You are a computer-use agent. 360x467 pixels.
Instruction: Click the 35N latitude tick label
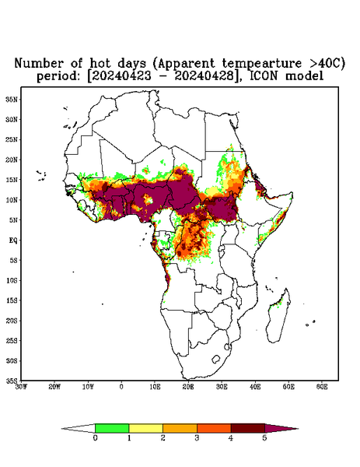(12, 100)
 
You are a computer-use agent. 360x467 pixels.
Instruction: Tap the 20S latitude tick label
(12, 321)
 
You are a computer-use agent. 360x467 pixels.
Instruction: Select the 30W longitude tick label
(21, 387)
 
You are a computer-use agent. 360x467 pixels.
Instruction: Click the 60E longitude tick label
(322, 387)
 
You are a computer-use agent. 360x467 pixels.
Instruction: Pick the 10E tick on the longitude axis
(155, 387)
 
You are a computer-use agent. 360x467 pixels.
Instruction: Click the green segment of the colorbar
(112, 428)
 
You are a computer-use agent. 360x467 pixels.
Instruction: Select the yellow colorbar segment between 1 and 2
(145, 428)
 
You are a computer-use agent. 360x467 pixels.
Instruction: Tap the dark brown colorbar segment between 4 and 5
(248, 428)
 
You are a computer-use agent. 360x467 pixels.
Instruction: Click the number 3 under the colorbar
(197, 438)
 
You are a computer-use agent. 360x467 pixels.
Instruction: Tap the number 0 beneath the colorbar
(95, 438)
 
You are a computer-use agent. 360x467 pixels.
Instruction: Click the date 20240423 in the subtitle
(121, 76)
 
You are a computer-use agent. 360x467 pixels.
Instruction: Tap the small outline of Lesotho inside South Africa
(216, 359)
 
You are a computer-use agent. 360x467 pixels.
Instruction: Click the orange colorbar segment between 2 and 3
(180, 428)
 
